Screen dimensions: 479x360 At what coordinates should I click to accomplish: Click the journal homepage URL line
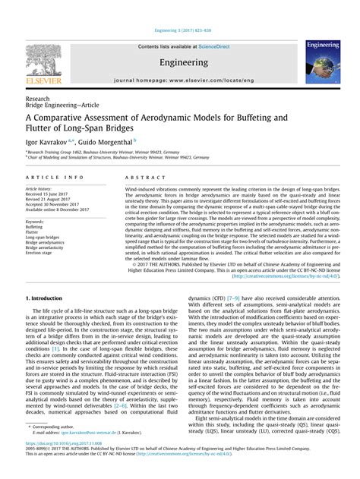coord(179,79)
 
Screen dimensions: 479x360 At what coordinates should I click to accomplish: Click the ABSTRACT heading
coord(141,177)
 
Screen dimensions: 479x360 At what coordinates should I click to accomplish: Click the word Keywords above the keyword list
coord(35,221)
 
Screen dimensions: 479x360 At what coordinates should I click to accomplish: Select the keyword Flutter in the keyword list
coord(33,232)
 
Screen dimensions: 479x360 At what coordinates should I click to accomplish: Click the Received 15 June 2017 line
coord(47,193)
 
